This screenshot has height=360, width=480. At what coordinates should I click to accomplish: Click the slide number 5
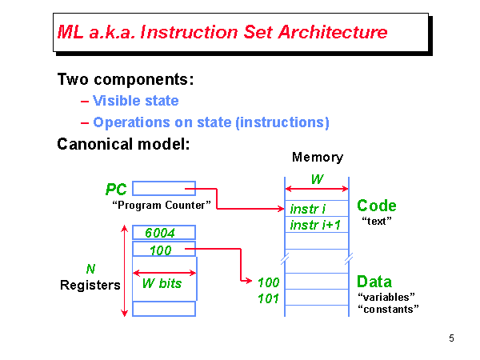pos(451,338)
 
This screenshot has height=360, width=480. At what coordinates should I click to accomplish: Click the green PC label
pos(117,190)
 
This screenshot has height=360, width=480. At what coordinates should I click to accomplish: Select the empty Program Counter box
pos(163,189)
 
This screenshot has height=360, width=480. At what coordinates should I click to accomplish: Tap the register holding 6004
pos(163,233)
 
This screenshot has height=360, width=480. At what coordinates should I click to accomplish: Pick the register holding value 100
pos(163,250)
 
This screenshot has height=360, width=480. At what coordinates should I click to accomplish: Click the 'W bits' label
pos(162,283)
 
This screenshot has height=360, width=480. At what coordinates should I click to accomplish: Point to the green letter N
pos(90,269)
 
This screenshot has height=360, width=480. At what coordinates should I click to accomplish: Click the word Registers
pos(90,285)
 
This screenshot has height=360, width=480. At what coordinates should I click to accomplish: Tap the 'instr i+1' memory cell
pos(315,225)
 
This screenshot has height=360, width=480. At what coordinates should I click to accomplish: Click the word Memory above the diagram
pos(317,158)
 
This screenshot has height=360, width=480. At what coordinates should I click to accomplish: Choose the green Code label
pos(377,206)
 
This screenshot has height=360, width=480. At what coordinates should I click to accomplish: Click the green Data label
pos(374,282)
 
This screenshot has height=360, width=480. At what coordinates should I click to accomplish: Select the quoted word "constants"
pos(388,309)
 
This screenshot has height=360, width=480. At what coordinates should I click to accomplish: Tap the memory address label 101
pos(269,299)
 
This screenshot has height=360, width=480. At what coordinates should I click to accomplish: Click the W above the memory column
pos(318,179)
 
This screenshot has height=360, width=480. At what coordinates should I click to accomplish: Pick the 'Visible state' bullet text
pos(135,101)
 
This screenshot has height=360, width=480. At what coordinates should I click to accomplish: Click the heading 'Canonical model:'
pos(123,145)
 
